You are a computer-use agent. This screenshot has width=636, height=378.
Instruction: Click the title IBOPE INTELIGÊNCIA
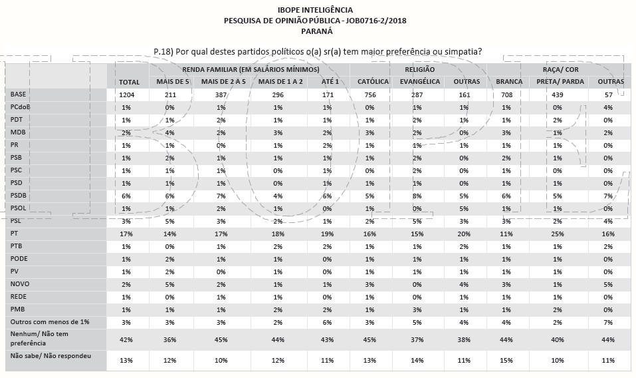point(316,11)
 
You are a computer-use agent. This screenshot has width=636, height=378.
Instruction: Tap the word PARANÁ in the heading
point(316,31)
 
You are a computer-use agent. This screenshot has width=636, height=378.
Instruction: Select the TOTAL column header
point(128,82)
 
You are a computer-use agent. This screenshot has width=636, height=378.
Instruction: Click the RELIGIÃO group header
point(419,69)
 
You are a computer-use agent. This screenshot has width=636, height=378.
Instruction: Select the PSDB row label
point(19,196)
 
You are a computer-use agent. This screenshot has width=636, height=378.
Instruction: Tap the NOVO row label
point(19,283)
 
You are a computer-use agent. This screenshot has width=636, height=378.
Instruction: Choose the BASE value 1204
point(128,95)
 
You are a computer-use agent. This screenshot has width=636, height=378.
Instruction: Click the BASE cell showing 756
point(370,95)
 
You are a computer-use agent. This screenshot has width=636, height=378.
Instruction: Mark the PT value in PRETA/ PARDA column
point(557,234)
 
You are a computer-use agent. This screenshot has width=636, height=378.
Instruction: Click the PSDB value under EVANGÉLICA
point(417,196)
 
